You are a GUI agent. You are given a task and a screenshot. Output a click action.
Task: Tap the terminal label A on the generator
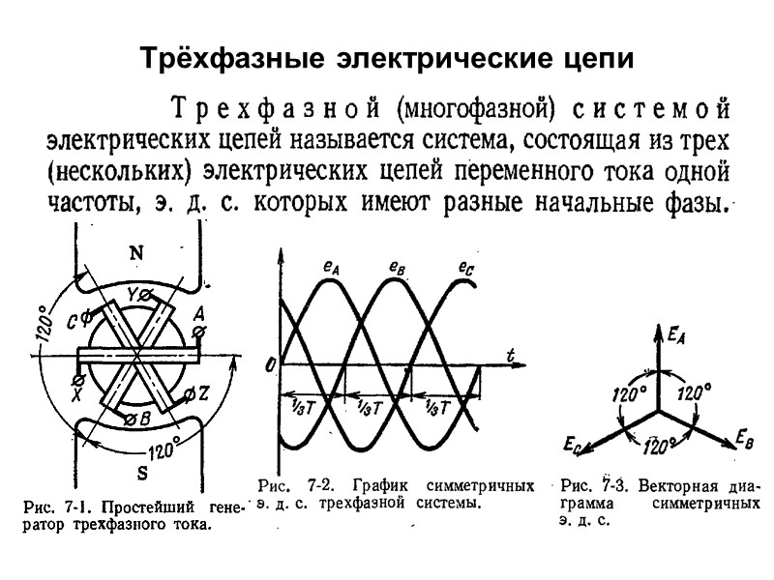point(197,313)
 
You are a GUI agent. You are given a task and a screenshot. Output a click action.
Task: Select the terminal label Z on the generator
point(203,393)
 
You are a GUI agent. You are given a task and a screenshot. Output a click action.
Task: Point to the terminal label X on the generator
point(77,395)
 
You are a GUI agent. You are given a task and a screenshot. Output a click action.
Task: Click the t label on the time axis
point(510,354)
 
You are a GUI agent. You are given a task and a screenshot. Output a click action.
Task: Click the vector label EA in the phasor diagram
point(677,335)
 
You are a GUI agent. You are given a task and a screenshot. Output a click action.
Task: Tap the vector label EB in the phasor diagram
point(744,438)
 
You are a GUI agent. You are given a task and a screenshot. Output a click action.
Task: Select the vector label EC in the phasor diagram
point(572,445)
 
